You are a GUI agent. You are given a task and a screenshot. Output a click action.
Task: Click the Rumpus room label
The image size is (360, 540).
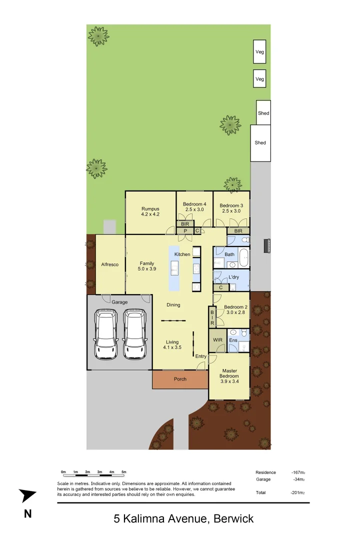pos(150,208)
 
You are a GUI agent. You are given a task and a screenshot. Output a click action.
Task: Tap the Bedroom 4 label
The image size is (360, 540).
pos(194,204)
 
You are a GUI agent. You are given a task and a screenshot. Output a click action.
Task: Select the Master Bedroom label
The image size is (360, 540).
pos(229,373)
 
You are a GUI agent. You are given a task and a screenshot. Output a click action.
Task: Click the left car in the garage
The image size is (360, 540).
pos(106,334)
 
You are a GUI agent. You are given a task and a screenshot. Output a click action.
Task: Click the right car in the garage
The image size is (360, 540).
pos(134,334)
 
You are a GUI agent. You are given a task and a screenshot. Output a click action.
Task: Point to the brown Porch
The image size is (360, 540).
pos(180,379)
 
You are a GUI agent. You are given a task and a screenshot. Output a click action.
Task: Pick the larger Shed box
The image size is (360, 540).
pos(260,143)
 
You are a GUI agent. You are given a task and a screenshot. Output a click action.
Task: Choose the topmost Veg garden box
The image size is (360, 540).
pos(259,52)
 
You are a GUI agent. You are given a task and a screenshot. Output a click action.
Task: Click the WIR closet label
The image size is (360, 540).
pos(217,340)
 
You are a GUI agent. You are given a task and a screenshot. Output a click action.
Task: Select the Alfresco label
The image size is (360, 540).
pos(110,264)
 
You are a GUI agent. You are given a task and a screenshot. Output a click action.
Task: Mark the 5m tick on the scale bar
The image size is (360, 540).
pos(124,472)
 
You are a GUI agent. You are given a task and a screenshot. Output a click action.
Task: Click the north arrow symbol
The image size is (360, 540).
pos(28,495)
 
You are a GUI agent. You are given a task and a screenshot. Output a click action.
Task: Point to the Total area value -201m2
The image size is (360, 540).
pos(298,492)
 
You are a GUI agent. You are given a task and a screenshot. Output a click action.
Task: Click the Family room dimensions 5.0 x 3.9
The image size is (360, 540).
pos(147,269)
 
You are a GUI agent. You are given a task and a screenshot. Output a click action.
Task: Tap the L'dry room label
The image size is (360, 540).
pos(233,277)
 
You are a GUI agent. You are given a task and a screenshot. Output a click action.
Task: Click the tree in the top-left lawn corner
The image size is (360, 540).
pos(98,36)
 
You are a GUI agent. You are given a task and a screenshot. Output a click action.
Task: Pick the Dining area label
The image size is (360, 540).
pos(173,305)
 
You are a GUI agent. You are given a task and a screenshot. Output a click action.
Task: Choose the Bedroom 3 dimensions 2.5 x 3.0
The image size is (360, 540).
pos(231,211)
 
